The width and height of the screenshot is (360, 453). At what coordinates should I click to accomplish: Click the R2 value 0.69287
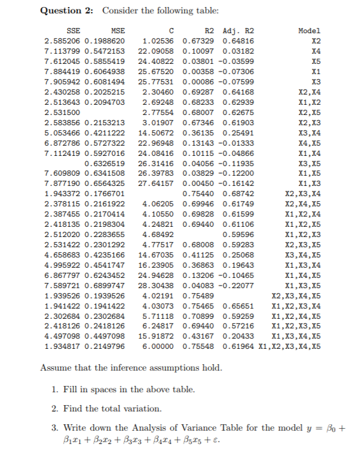pyautogui.click(x=198, y=92)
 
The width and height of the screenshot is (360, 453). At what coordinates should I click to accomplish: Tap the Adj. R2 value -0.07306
pyautogui.click(x=237, y=72)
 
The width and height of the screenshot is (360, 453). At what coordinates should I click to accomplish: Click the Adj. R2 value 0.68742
pyautogui.click(x=238, y=194)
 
